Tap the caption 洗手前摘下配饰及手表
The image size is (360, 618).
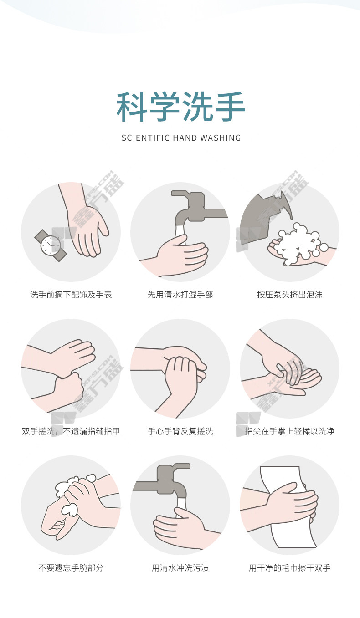coord(71,295)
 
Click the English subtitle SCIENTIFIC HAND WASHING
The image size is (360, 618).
coord(181,138)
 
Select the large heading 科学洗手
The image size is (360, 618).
coord(181,107)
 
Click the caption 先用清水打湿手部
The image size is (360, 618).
coord(180,295)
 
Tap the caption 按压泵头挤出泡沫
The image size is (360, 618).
coord(290,295)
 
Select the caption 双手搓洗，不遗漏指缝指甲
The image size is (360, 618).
coord(71,431)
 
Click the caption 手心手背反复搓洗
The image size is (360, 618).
coord(180,431)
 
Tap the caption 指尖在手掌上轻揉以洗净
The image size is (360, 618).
coord(290,431)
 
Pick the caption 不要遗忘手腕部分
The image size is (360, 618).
coord(71,568)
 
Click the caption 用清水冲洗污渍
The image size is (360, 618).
coord(180,568)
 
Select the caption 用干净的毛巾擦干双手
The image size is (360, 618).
coord(290,568)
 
